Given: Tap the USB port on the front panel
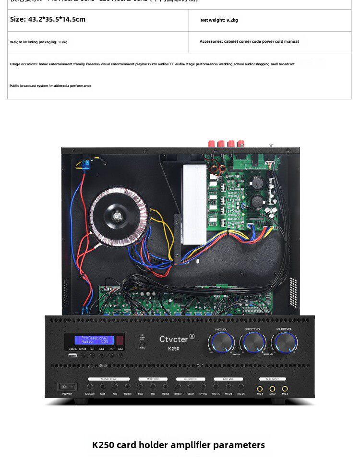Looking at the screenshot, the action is pyautogui.click(x=72, y=356).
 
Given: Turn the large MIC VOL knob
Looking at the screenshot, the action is pyautogui.click(x=221, y=343).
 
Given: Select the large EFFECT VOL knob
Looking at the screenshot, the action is pyautogui.click(x=253, y=342).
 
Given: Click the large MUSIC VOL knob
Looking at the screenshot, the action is pyautogui.click(x=285, y=342).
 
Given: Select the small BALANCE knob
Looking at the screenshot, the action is pyautogui.click(x=90, y=387).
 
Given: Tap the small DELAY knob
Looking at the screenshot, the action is pyautogui.click(x=191, y=387).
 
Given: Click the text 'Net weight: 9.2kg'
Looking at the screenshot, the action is pyautogui.click(x=219, y=20).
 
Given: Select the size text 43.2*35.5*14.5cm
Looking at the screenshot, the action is pyautogui.click(x=48, y=19).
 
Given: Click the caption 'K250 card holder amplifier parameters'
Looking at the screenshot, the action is pyautogui.click(x=179, y=445).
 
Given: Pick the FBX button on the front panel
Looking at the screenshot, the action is pyautogui.click(x=142, y=341).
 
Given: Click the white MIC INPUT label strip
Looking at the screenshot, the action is pyautogui.click(x=272, y=379).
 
